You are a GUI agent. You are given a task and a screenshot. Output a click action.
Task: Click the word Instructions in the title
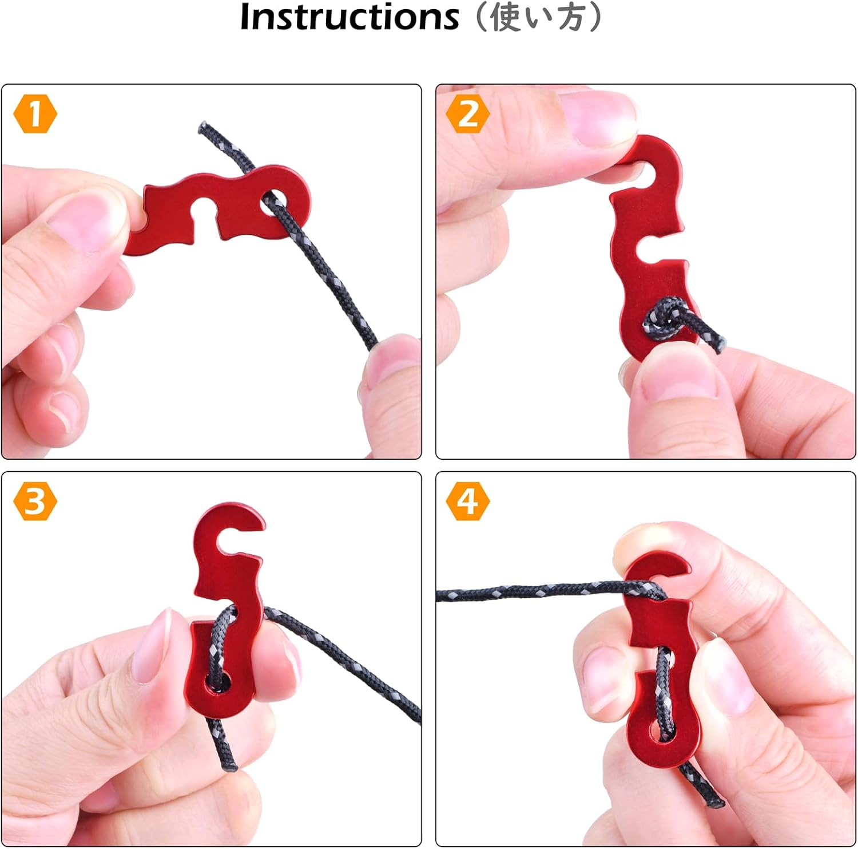[x=349, y=17]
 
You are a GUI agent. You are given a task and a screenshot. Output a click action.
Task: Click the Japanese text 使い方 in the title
[x=538, y=17]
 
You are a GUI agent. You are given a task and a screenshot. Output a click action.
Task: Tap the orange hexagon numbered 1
[x=35, y=114]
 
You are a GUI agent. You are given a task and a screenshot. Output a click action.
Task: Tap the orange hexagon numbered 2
[x=468, y=114]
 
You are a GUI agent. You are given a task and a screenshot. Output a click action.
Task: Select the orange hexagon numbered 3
[x=35, y=501]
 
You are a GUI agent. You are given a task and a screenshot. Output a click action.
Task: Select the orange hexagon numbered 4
[x=468, y=501]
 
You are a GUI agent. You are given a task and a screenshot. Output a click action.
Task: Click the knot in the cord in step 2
[x=664, y=318]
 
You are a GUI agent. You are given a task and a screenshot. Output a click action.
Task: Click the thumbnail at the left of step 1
[x=74, y=220]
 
